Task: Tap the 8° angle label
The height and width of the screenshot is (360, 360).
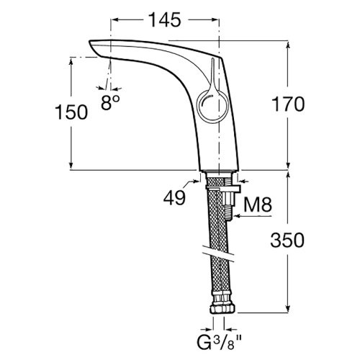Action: [109, 103]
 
